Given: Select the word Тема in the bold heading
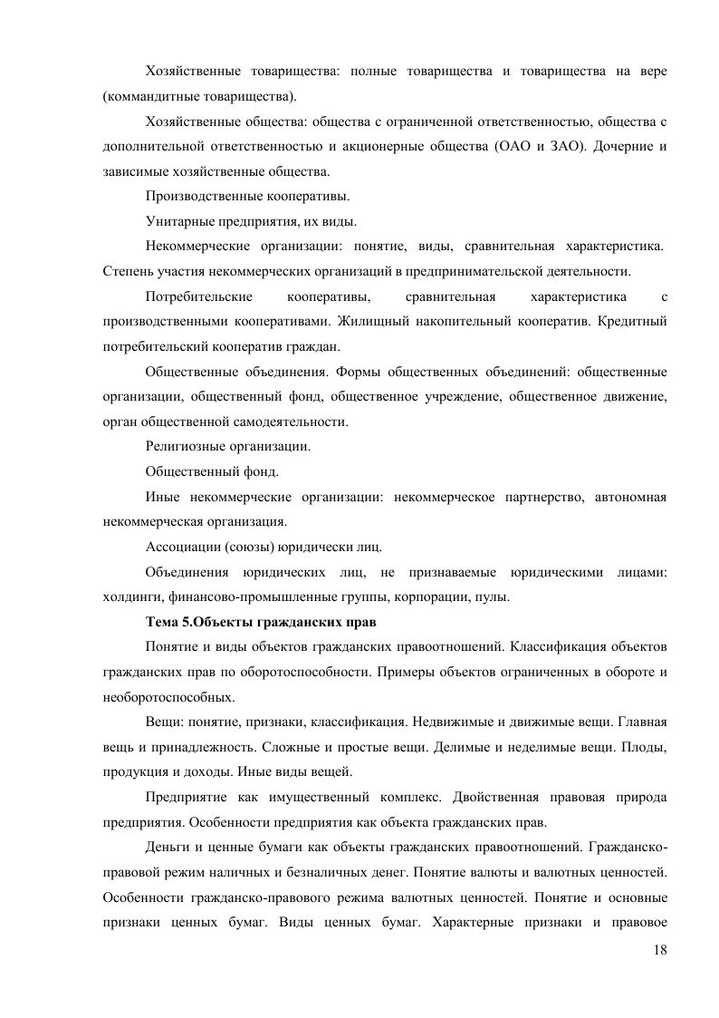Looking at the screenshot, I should point(162,623).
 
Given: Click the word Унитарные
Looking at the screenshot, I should point(177,220).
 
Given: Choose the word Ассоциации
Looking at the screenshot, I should point(177,547).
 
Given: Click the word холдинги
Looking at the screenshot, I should point(130,596).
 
